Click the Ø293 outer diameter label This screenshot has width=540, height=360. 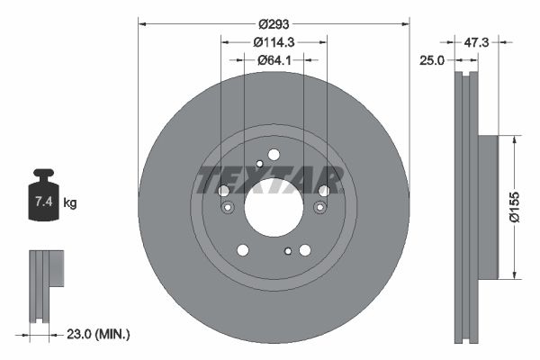click(274, 24)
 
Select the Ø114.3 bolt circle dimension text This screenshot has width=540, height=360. click(274, 42)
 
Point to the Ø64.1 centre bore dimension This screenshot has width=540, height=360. click(274, 60)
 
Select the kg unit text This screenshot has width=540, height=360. click(70, 203)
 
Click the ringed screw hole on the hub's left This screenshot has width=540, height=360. click(228, 209)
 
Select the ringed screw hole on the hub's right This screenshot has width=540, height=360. click(319, 209)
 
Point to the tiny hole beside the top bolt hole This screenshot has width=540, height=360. click(259, 163)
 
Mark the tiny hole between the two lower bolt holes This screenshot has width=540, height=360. click(287, 251)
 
